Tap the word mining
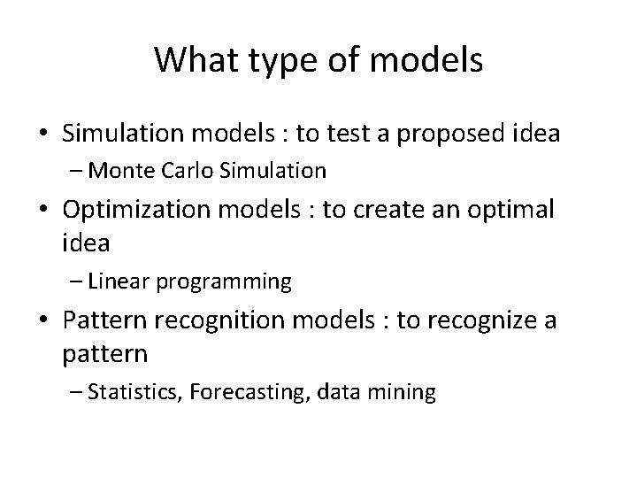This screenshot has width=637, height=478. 404,392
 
